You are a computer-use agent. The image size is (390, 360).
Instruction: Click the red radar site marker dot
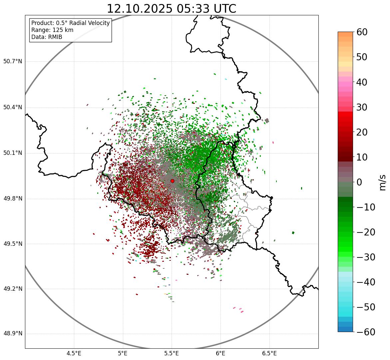click(172, 181)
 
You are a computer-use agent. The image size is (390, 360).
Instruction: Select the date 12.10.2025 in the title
click(139, 9)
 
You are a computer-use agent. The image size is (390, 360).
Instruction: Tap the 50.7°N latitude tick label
click(13, 62)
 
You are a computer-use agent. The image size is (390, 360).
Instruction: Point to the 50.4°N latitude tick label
click(13, 108)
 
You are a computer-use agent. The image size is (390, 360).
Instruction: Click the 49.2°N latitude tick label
click(13, 289)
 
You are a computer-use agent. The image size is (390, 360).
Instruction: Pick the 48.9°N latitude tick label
click(13, 334)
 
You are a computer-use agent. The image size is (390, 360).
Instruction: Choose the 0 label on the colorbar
click(360, 182)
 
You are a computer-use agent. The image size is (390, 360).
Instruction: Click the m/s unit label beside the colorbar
click(382, 182)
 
